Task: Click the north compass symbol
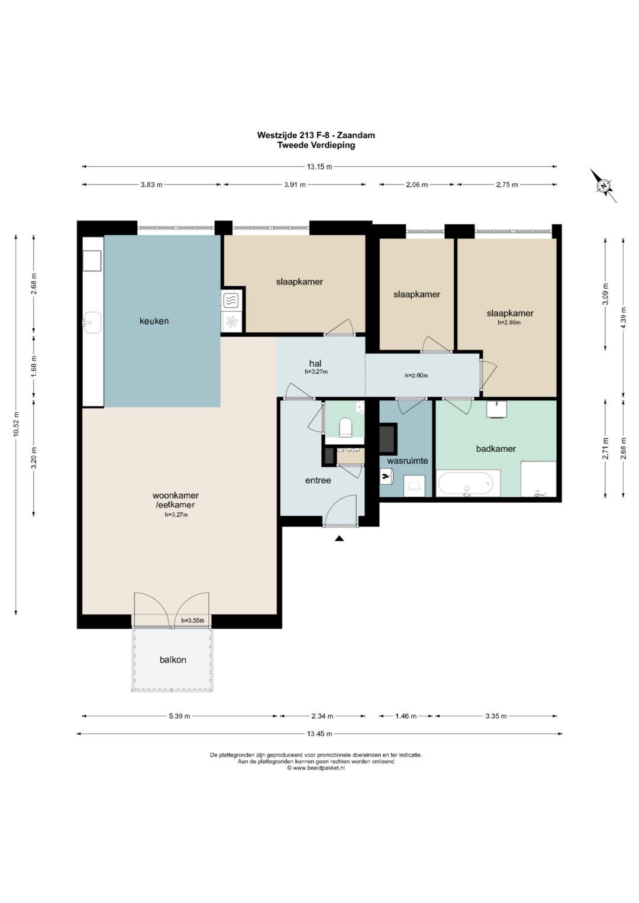(603, 186)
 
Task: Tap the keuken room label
(154, 321)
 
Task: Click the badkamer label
(496, 449)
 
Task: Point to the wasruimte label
(408, 461)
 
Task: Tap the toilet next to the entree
(346, 428)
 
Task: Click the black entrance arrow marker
(339, 538)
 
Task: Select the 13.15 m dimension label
(319, 167)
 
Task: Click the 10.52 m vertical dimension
(16, 424)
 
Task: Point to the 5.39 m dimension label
(179, 716)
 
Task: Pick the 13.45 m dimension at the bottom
(319, 734)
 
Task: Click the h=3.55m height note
(192, 620)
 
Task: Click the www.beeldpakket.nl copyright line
(316, 768)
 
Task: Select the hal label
(315, 364)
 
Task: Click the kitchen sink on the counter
(92, 322)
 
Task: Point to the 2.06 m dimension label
(417, 185)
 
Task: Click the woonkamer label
(176, 496)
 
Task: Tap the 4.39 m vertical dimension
(624, 318)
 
